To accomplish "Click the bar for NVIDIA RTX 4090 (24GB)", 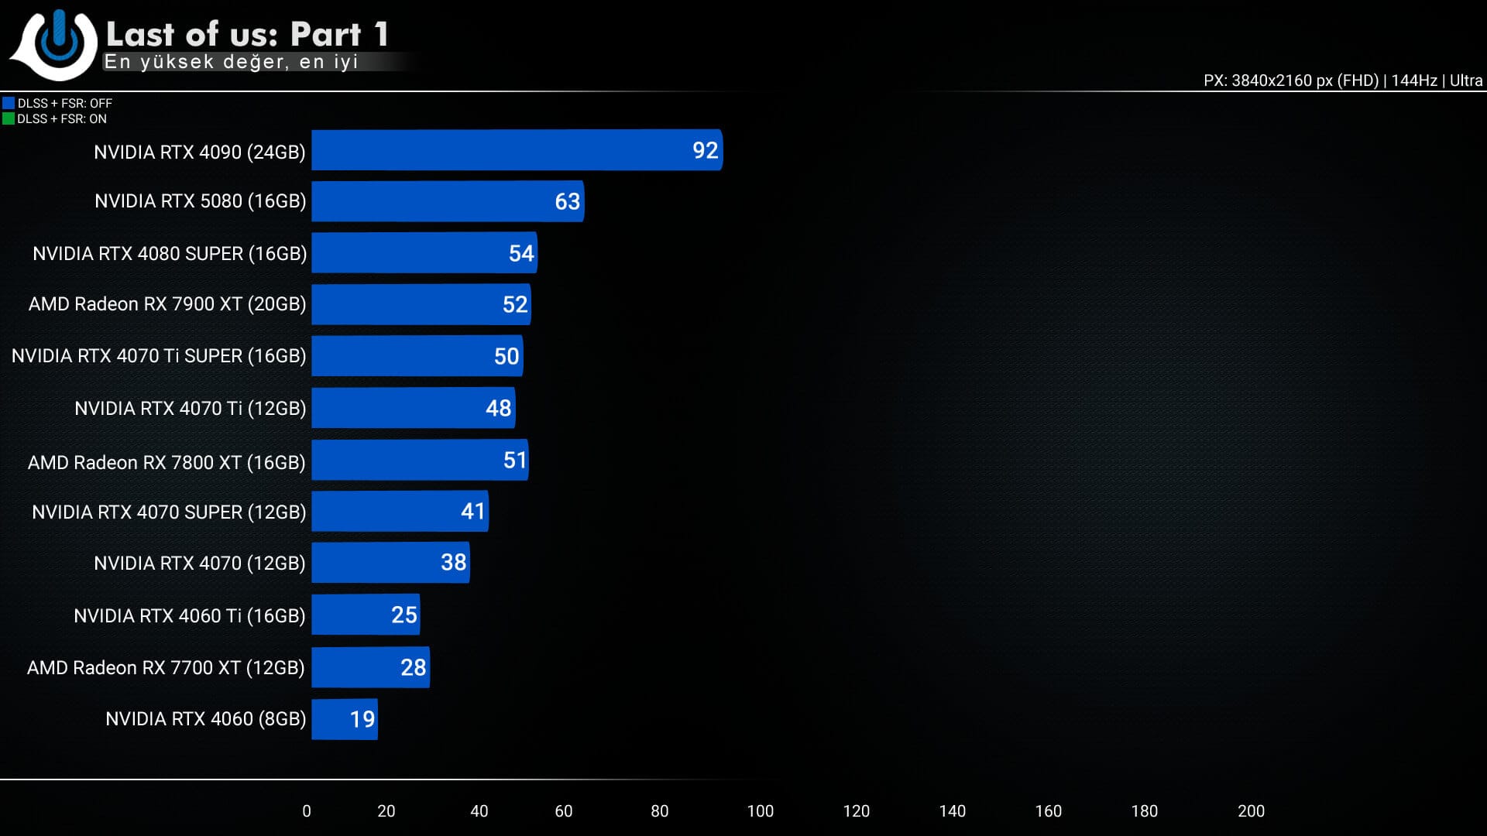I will [x=517, y=150].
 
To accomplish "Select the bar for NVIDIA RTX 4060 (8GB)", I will [x=345, y=719].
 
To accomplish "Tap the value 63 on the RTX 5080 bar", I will [x=567, y=201].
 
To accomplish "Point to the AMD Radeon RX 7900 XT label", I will [x=167, y=304].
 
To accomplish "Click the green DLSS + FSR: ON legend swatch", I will [x=9, y=118].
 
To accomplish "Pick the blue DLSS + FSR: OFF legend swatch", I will [x=9, y=103].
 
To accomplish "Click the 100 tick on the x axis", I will [x=760, y=811].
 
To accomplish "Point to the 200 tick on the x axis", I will [x=1251, y=811].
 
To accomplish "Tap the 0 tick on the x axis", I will [x=307, y=811].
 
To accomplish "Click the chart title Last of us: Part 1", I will [x=247, y=34].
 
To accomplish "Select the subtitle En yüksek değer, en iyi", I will [x=231, y=62].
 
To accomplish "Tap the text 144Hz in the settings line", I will [x=1413, y=81].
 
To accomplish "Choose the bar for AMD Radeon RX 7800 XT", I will [x=420, y=461].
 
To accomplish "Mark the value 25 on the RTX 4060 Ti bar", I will [x=404, y=615].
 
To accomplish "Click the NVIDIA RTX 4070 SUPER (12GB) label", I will [x=169, y=512].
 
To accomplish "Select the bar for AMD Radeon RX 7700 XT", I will [x=370, y=667].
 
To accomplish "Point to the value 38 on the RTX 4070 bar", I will [x=453, y=562].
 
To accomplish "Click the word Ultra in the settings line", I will [x=1466, y=81].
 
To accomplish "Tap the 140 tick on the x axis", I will [x=952, y=811].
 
